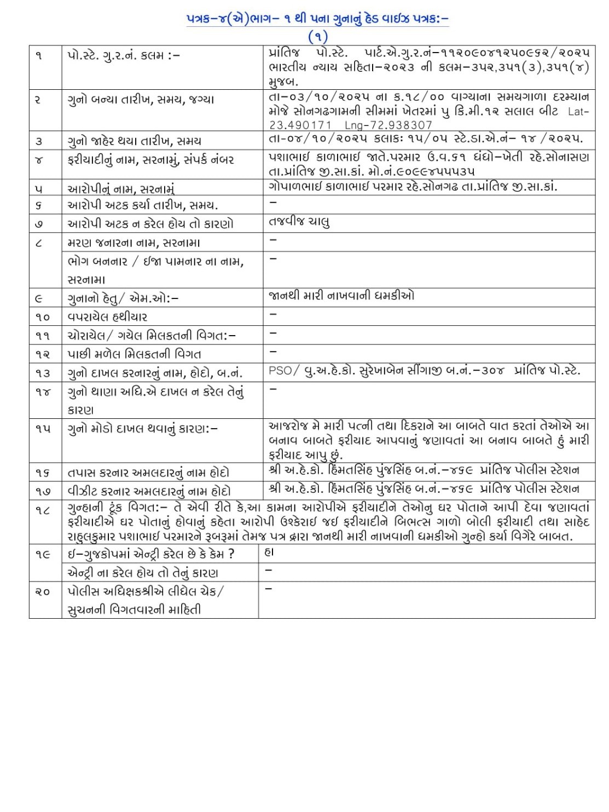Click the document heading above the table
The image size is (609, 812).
[317, 19]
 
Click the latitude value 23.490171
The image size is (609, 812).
[300, 125]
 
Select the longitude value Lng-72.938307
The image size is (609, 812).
[388, 125]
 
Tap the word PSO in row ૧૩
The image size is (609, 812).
[280, 371]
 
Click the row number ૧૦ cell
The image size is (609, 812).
[43, 316]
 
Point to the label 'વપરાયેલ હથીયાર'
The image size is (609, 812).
[107, 316]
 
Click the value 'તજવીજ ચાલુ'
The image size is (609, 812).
[299, 222]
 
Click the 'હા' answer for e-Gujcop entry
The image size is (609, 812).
[269, 552]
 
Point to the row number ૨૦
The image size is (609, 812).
[43, 591]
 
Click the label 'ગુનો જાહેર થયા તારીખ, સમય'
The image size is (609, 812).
[134, 141]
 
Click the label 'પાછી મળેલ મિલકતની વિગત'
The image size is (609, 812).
[134, 354]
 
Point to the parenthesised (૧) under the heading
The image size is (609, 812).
[317, 37]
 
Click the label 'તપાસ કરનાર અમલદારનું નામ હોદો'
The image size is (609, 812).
[148, 473]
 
